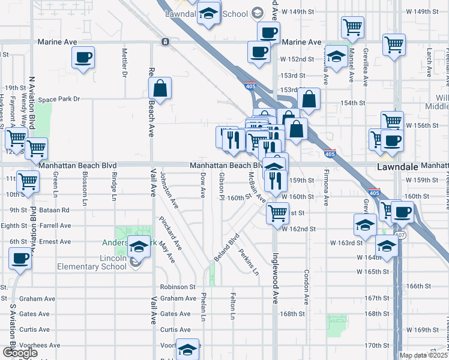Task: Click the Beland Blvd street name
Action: [x=226, y=247]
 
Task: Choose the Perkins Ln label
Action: [x=248, y=262]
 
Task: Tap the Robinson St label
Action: [x=178, y=287]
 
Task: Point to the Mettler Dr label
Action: [x=125, y=62]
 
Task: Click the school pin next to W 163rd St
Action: [x=364, y=225]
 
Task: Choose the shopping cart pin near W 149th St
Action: [x=352, y=26]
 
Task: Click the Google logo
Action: [x=20, y=353]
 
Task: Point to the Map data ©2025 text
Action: [x=423, y=355]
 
